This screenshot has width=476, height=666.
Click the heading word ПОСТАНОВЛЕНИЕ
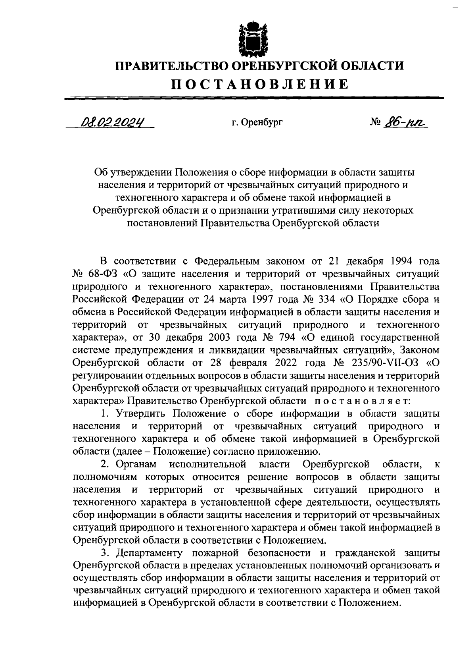pos(260,84)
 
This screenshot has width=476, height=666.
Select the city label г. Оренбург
pos(257,122)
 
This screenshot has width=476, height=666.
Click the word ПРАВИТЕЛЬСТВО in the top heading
pos(171,65)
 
